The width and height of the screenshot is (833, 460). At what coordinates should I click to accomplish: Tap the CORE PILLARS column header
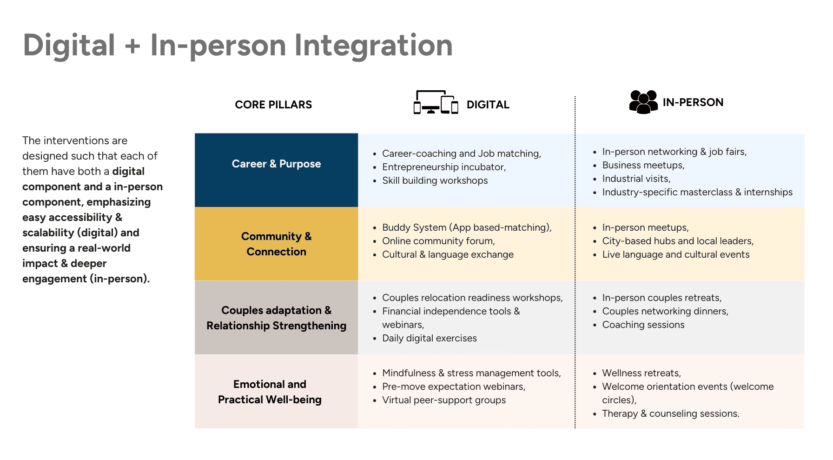(273, 105)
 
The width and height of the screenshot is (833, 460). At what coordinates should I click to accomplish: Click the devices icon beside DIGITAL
(436, 102)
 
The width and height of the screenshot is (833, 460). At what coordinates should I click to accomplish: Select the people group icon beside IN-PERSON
(643, 102)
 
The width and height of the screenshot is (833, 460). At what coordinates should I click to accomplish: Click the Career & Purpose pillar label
(276, 164)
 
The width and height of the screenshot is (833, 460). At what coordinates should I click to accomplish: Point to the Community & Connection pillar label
(276, 244)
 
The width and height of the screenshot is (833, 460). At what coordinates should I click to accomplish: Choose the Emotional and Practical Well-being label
(270, 392)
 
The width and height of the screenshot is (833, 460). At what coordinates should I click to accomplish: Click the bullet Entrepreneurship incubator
(444, 167)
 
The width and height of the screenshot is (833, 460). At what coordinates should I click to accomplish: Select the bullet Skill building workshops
(435, 180)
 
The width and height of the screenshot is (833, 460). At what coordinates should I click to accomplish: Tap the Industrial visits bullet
(636, 179)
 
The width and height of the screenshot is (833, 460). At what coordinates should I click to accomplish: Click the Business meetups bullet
(643, 165)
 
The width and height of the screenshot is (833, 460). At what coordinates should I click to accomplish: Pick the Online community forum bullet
(438, 241)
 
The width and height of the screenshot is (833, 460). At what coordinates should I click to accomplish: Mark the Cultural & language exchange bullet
(448, 254)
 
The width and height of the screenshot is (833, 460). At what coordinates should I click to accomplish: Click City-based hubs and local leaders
(678, 241)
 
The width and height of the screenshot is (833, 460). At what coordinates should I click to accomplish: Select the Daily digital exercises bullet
(429, 338)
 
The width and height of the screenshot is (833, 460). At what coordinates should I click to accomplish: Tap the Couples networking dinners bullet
(665, 311)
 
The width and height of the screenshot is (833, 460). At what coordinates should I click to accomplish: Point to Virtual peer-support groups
(444, 400)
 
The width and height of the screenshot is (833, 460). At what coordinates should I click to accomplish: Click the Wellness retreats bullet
(641, 373)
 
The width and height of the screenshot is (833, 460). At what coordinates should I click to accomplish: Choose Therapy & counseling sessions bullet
(670, 413)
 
